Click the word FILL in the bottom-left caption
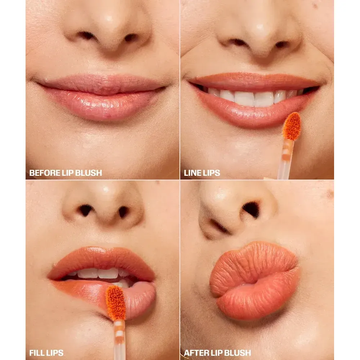tap(36, 353)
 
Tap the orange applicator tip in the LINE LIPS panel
tap(292, 126)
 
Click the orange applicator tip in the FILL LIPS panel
tap(116, 303)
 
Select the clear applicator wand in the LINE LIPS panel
tap(285, 159)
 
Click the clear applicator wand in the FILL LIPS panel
tap(120, 340)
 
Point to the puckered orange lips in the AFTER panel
tap(255, 280)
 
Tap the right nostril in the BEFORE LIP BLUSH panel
tap(131, 37)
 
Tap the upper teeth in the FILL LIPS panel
tap(99, 273)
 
